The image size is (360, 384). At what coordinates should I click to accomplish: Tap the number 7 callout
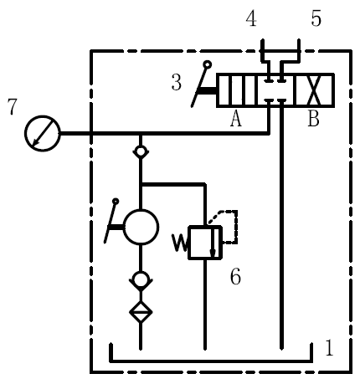pos(12,107)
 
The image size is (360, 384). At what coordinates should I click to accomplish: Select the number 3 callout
pos(176,83)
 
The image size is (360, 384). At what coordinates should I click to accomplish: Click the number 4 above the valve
pos(251,19)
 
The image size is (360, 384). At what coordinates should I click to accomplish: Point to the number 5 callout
pos(316,18)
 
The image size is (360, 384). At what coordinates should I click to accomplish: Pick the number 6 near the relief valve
pos(235,276)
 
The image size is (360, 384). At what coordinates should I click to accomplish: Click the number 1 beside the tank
pos(330,347)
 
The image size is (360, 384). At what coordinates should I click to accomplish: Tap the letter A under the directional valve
pos(236,118)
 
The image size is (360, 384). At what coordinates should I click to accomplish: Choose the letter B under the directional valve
pos(313,118)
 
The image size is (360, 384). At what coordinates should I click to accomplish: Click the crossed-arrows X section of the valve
pos(314,90)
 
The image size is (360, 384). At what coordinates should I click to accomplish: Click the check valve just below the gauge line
pos(141,152)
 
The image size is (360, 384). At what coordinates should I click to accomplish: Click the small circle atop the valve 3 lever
pos(208,65)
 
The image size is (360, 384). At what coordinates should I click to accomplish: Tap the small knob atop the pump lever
pos(116,202)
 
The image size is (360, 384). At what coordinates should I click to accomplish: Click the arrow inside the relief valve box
pos(213,242)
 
